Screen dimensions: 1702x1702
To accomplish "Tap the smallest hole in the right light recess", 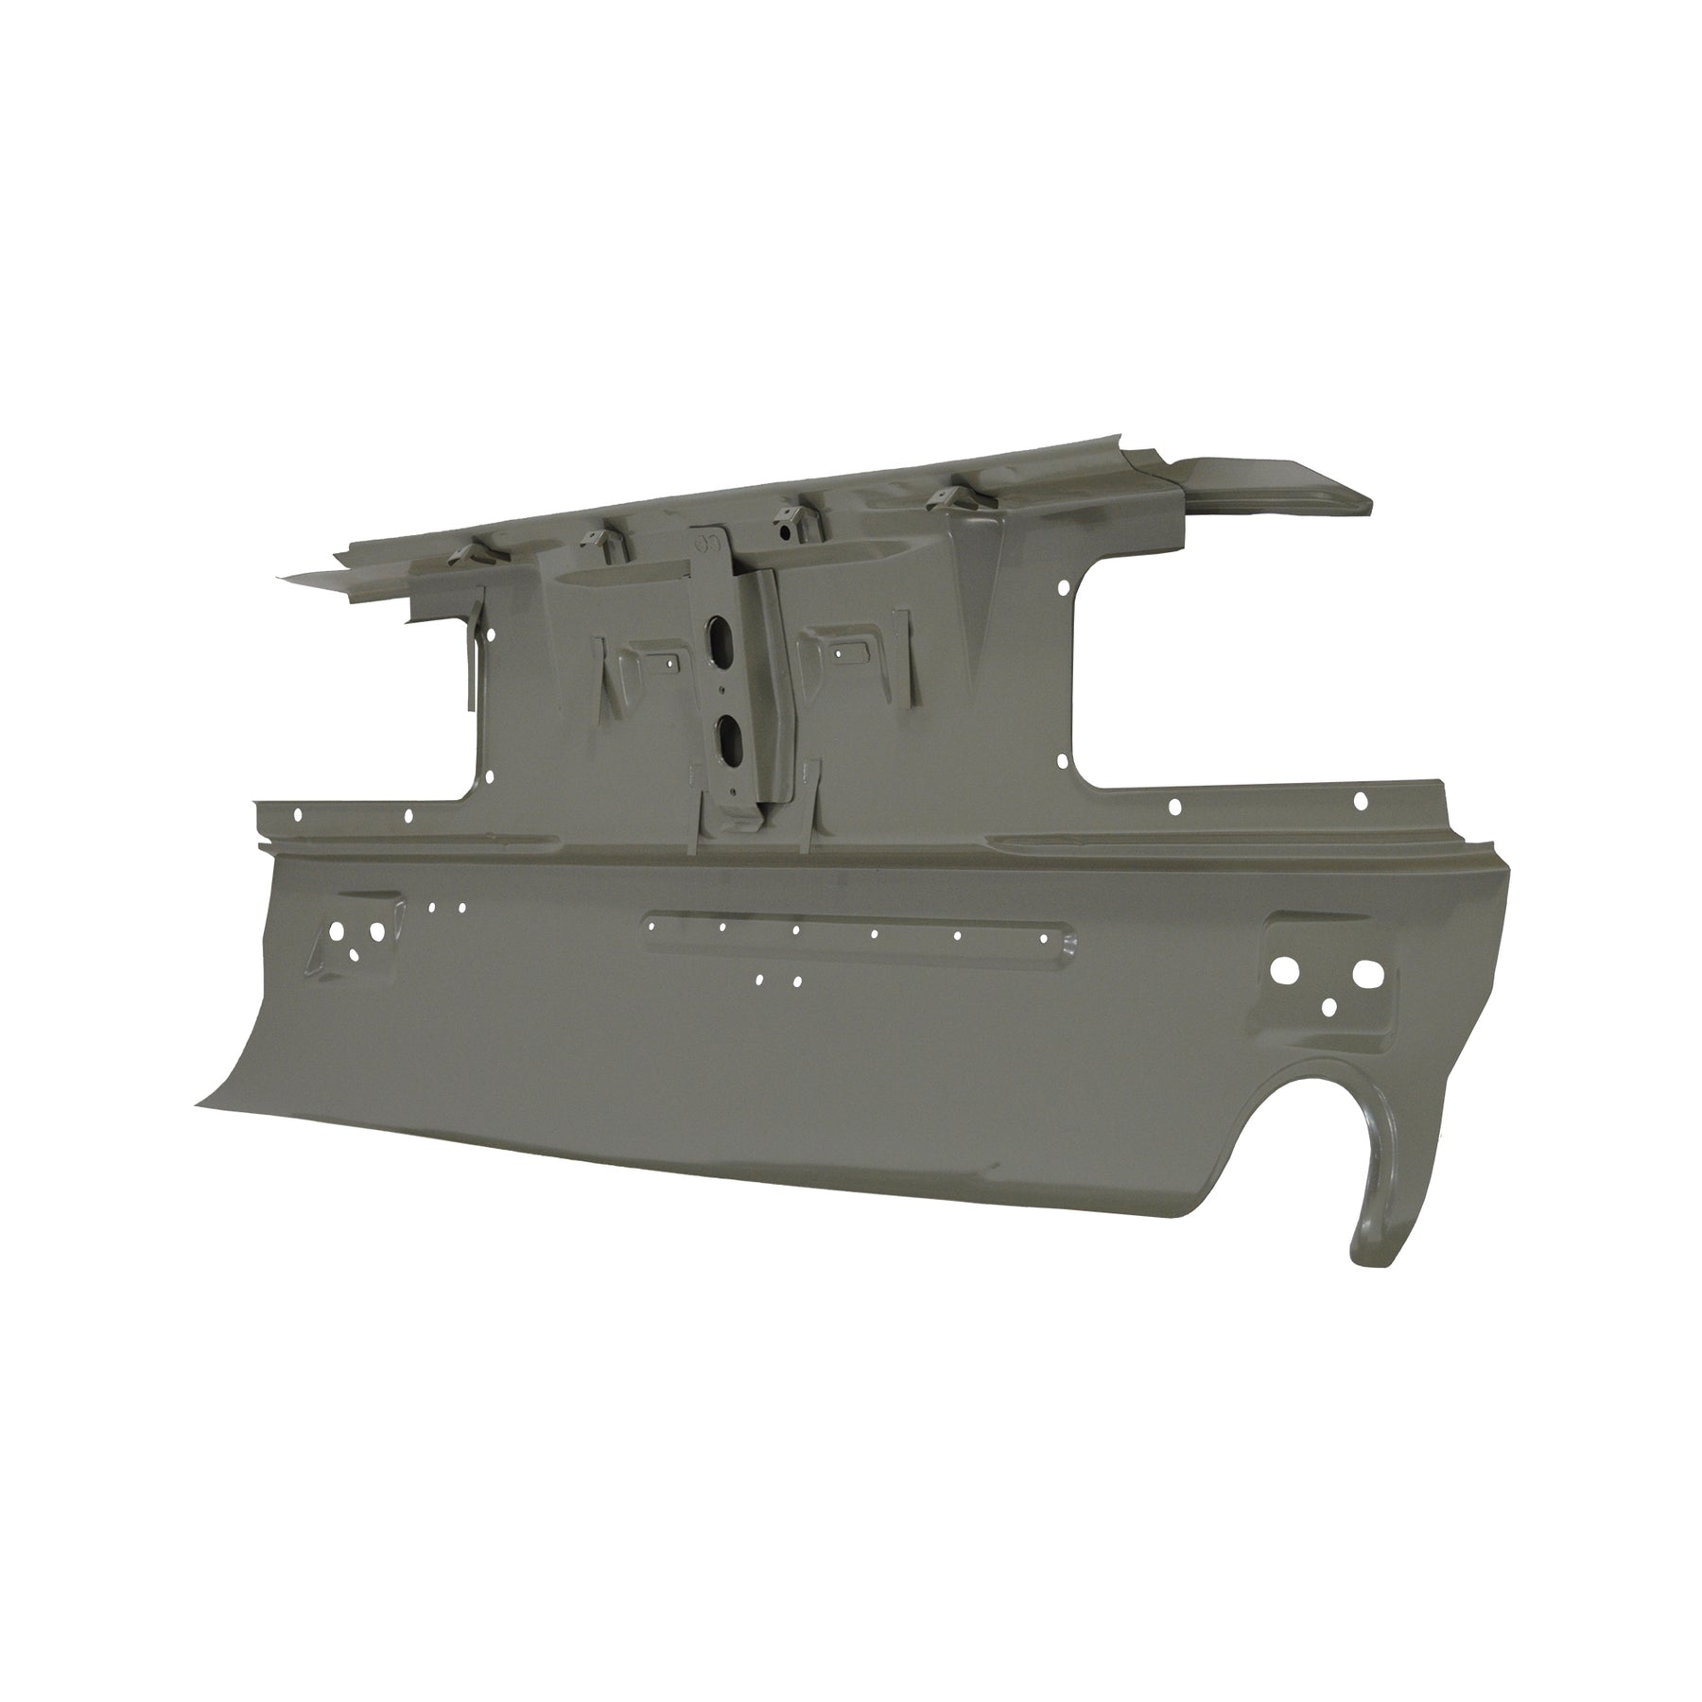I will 1329,1005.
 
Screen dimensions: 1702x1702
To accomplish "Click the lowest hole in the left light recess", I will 355,954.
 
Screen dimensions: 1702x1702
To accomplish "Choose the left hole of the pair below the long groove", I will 761,980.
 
